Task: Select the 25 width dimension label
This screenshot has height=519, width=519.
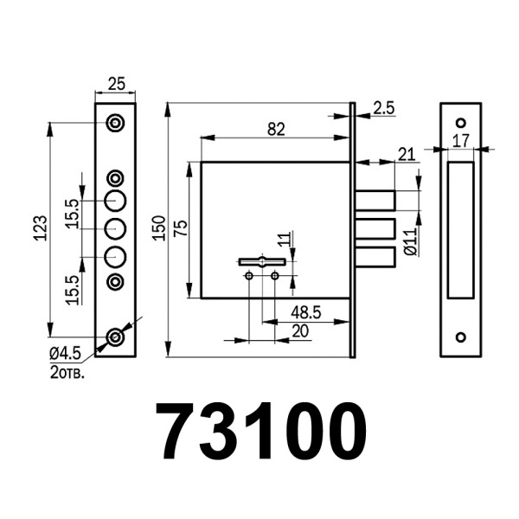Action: (116, 84)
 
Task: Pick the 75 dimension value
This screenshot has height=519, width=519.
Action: (181, 229)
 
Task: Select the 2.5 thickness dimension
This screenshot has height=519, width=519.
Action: (385, 108)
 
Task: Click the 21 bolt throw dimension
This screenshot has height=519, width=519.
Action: (406, 153)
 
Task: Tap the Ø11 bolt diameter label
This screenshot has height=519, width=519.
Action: (412, 238)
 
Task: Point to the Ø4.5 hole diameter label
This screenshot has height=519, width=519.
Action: (66, 353)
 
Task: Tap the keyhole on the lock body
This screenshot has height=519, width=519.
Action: (261, 260)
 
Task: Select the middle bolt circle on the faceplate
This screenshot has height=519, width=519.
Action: (116, 229)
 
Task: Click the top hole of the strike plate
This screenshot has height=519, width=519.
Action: (461, 122)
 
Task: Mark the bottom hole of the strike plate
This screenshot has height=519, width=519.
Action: (461, 337)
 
